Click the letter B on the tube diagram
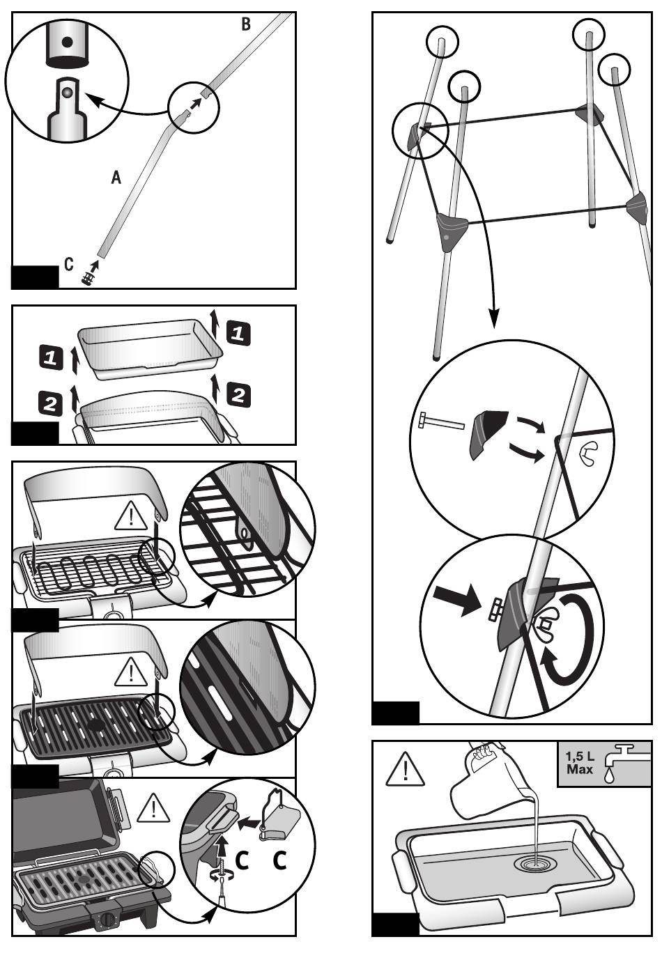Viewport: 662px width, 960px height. (246, 24)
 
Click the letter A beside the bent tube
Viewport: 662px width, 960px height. (116, 178)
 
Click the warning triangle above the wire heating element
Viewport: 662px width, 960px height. (130, 517)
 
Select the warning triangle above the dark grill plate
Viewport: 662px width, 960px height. (130, 673)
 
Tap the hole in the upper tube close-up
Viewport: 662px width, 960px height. (67, 42)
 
